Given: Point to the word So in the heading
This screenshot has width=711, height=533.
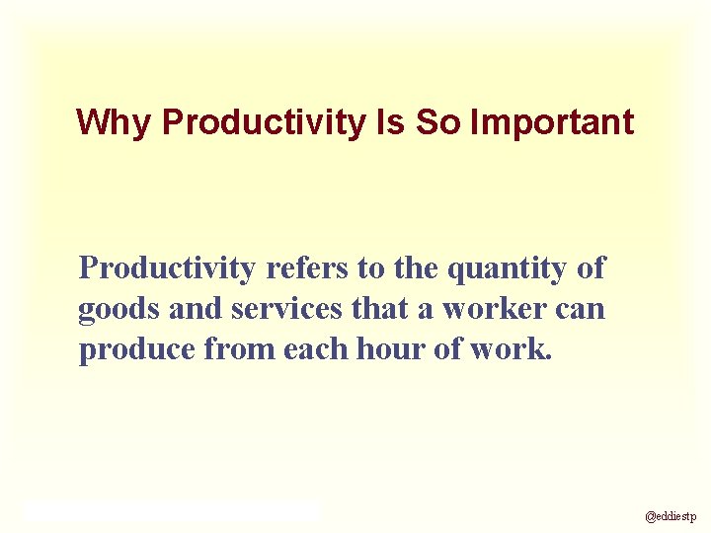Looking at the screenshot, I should click(437, 122).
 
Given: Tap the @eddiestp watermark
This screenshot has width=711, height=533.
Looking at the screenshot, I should click(671, 515).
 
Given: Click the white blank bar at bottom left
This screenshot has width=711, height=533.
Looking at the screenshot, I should click(173, 510).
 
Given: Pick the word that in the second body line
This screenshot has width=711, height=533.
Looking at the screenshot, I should click(383, 309).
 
